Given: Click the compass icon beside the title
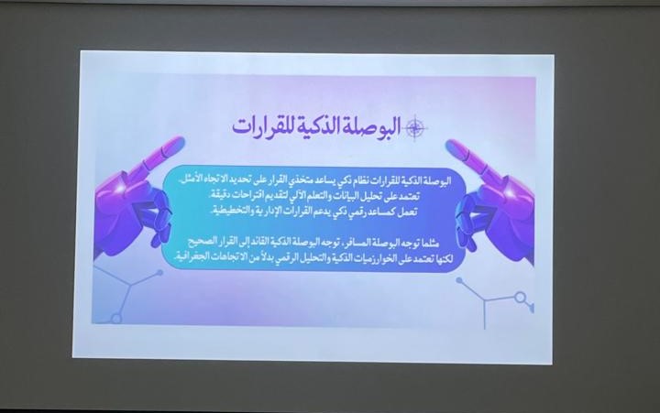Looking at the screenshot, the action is (x=415, y=127).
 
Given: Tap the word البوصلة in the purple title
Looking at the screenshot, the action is (x=372, y=125).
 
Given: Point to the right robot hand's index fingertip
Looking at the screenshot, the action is (x=454, y=145).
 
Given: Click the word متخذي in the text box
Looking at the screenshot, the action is (x=299, y=182).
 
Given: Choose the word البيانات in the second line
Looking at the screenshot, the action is (x=339, y=196).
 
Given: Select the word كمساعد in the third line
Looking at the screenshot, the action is (x=382, y=212).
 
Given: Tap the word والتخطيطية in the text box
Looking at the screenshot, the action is (x=230, y=212).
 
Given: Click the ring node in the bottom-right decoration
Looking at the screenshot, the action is (x=521, y=298).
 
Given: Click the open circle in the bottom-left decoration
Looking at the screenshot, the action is (x=116, y=319).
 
